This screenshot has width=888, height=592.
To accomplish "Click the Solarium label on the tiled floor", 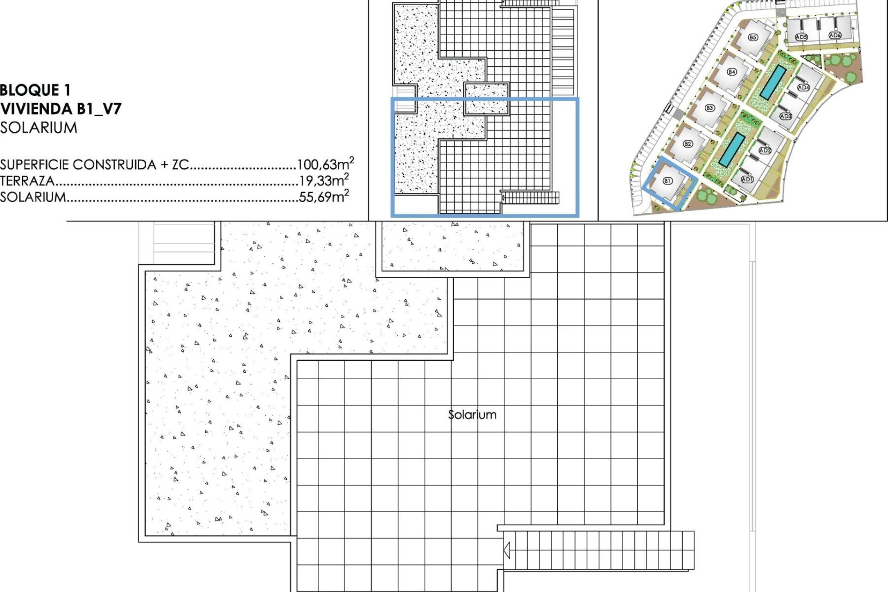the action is click(x=472, y=414).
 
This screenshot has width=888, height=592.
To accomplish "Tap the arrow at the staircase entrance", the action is click(x=506, y=551).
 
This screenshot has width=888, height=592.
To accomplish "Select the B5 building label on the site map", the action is click(x=753, y=37).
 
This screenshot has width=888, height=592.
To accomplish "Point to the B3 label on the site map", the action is click(x=709, y=108).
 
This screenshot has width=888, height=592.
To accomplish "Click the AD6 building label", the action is click(x=834, y=35).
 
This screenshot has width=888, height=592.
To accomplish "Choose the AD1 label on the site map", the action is click(x=747, y=179).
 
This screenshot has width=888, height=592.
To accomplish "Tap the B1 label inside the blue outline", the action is click(x=667, y=181).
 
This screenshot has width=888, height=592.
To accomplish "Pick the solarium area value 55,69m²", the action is click(x=324, y=196).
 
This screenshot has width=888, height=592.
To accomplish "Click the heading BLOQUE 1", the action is click(x=36, y=90).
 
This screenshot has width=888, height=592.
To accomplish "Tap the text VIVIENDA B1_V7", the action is click(x=61, y=109).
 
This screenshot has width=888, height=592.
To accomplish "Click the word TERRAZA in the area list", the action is click(x=27, y=181).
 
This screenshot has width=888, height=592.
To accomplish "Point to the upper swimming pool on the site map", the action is click(x=772, y=82).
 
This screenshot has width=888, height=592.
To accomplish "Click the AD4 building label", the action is click(x=803, y=87).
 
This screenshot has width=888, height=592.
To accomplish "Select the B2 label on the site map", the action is click(x=688, y=144).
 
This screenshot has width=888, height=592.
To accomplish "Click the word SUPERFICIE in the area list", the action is click(x=35, y=165).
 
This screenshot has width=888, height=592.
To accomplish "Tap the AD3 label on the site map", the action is click(x=786, y=116).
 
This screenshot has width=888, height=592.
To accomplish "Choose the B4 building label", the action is click(x=732, y=72).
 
